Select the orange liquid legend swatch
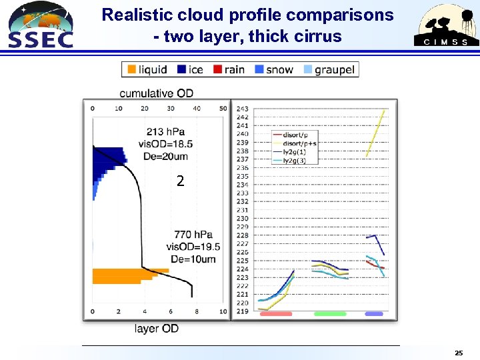pos(131,69)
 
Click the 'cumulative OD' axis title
pos(157,93)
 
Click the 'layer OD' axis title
pos(156,328)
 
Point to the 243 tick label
pos(243,109)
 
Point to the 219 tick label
pos(243,311)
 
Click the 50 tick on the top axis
pos(223,108)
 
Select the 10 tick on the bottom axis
pos(223,311)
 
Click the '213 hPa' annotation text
pos(165,132)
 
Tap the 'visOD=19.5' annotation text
pos(193,247)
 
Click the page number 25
pos(459,352)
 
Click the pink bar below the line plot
pos(276,313)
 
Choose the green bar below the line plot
pos(330,313)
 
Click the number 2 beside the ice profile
pos(180,181)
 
